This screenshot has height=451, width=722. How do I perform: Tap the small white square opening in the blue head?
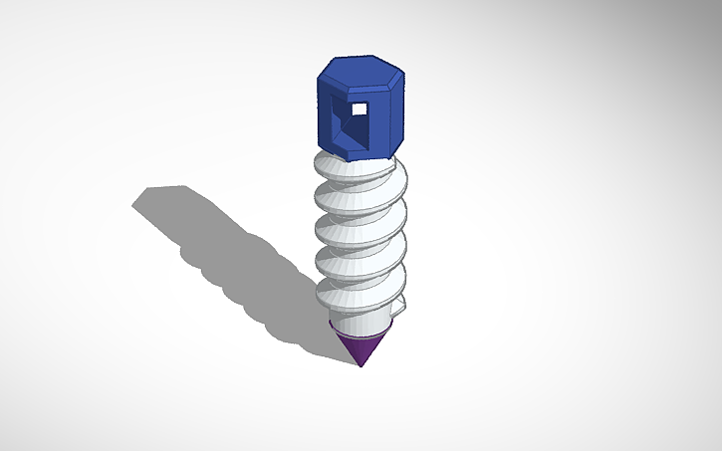pos(358,107)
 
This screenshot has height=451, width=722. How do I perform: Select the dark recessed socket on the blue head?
pos(351,121)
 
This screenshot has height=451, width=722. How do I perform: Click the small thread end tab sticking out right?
pos(400,306)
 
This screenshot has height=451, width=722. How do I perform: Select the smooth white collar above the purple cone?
pos(360,322)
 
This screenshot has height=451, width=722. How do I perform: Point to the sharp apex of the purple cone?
pos(361,365)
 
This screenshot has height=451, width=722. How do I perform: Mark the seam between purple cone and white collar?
pos(360,335)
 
